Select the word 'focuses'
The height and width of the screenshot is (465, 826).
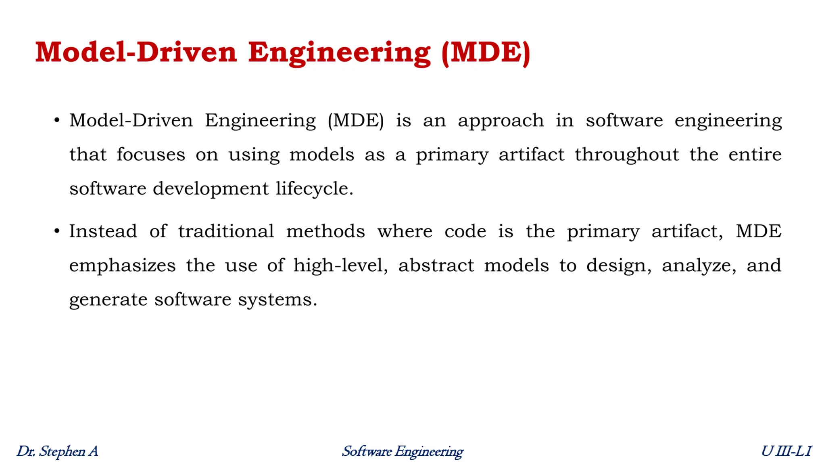point(151,155)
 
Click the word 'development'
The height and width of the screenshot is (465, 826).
point(211,189)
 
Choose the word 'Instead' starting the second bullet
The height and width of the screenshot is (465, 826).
point(103,231)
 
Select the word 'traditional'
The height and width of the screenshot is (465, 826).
point(226,231)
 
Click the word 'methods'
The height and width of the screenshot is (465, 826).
point(325,231)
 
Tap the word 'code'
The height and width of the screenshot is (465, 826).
point(465,231)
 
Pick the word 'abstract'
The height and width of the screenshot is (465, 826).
point(436,266)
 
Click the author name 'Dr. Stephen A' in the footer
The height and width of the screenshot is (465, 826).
point(57,451)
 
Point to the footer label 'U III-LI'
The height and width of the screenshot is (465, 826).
point(786,451)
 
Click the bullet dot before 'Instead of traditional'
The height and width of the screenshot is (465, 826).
point(57,232)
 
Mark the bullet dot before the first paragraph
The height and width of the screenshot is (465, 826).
point(57,120)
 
